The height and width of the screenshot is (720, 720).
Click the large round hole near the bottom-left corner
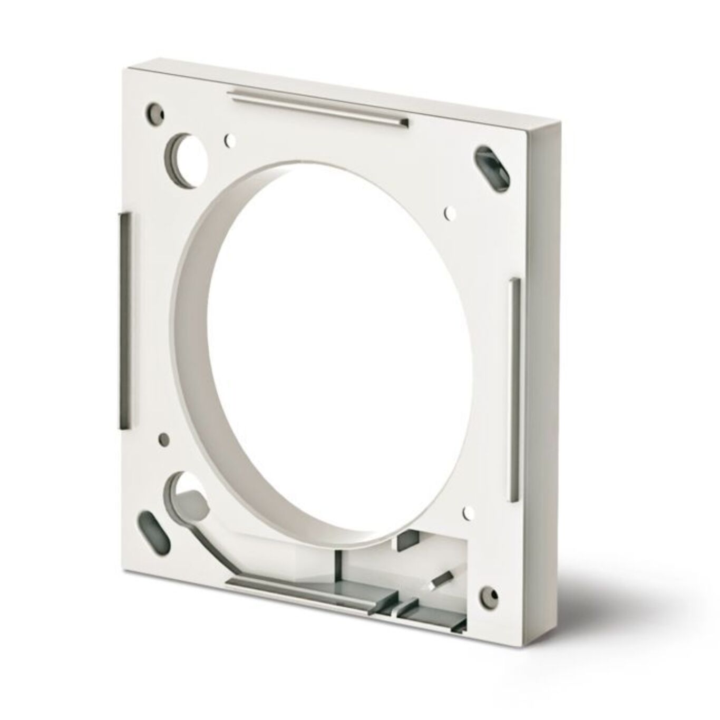pos(184,488)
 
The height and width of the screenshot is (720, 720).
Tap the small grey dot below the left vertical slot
pos(164,437)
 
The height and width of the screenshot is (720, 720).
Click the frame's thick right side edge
pos(548,369)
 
